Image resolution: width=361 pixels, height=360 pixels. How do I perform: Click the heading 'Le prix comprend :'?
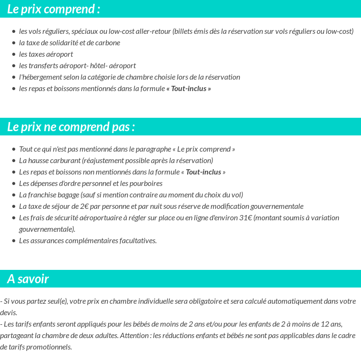(54, 9)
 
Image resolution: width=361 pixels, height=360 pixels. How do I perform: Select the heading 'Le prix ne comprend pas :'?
(71, 127)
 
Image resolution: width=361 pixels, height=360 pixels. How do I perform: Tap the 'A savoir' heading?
(28, 279)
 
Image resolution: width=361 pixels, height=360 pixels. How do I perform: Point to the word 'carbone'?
(108, 43)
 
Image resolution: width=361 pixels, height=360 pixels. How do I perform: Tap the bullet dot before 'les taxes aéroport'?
(14, 54)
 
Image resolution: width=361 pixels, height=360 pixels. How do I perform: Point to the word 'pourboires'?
(146, 184)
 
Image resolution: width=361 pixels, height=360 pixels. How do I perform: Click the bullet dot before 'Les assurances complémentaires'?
(14, 241)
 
